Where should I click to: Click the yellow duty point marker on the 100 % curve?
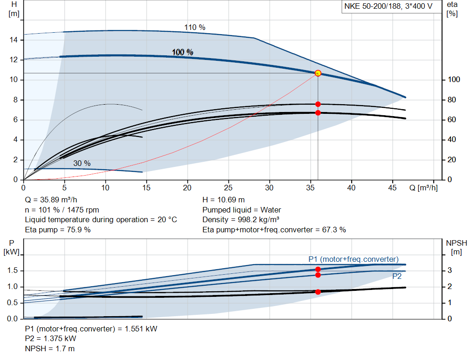318,73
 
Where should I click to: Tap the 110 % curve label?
195,28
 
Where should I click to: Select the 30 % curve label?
82,164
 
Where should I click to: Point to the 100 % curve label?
183,53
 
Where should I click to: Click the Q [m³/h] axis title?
424,188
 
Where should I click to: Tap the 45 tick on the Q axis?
392,188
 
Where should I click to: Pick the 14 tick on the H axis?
14,40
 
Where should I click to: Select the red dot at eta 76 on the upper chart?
318,104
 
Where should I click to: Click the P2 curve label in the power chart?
397,277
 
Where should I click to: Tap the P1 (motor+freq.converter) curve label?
354,259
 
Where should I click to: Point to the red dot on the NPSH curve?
318,292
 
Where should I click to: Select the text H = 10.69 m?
224,200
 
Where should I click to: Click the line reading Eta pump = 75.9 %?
58,230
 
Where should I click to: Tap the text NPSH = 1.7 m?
50,348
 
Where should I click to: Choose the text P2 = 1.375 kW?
51,339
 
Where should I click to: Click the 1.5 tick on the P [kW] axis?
13,271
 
